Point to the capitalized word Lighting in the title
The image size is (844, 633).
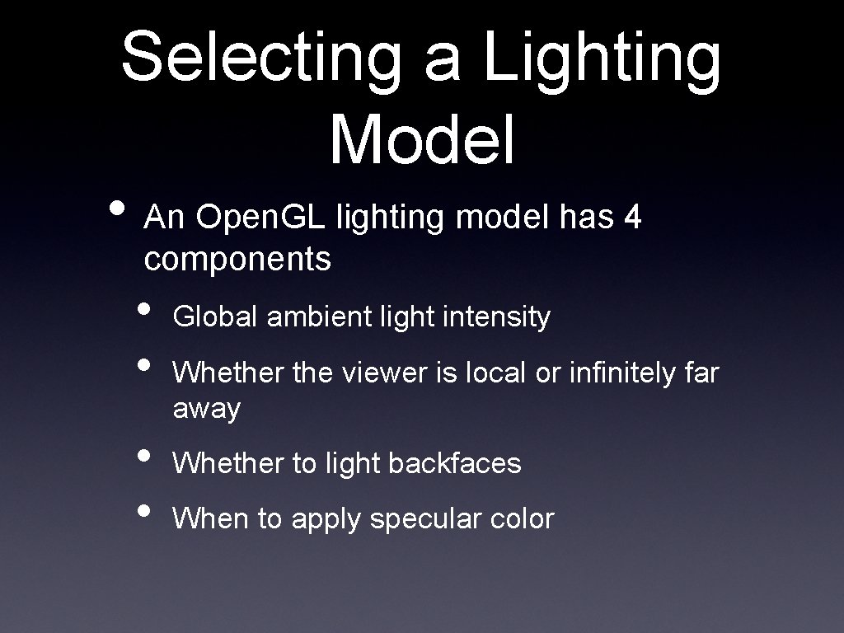(602, 58)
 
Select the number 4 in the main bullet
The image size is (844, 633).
(632, 218)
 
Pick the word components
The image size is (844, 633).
(237, 260)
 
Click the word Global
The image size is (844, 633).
(216, 316)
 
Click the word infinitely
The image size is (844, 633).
(615, 373)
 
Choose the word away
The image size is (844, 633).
(206, 409)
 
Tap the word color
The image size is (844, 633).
(522, 519)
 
